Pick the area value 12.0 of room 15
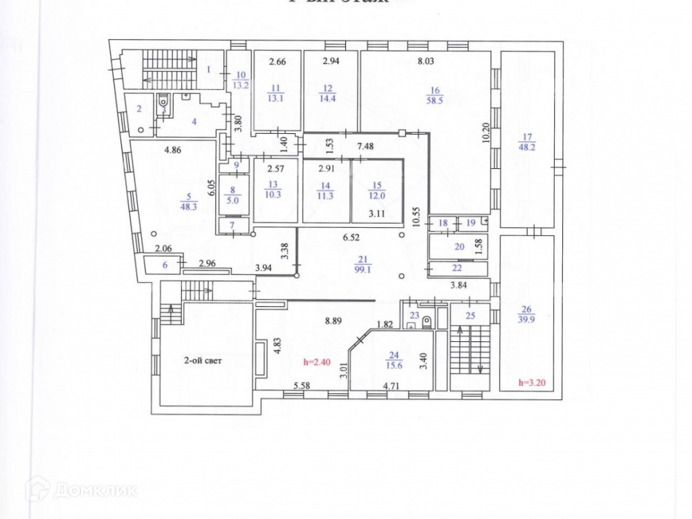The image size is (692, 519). tap(376, 195)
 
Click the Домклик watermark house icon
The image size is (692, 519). tap(34, 488)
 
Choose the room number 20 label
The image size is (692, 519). tap(460, 247)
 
